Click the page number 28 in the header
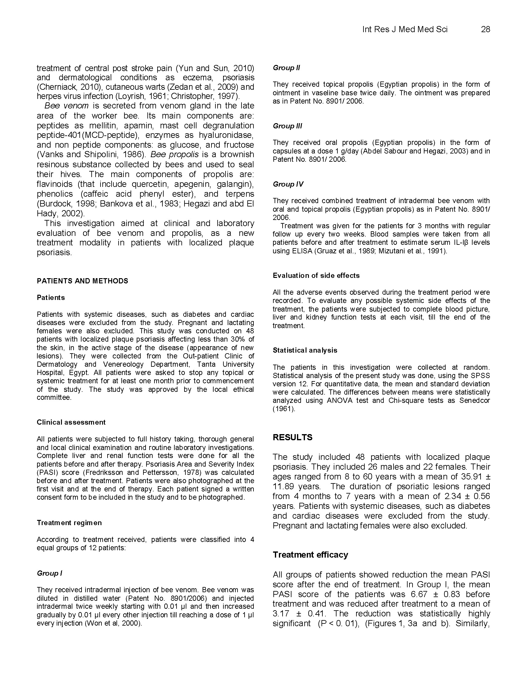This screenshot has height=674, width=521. (485, 29)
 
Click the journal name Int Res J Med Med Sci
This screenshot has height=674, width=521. (405, 29)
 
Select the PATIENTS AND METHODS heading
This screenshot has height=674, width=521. (82, 281)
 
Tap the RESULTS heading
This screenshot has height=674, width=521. (292, 437)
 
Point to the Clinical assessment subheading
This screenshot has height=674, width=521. (71, 422)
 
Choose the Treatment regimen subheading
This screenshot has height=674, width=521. (69, 522)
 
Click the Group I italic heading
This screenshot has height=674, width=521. (49, 573)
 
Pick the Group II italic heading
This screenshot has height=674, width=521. (286, 68)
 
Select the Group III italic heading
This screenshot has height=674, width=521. (287, 126)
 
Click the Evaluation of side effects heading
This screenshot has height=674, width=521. (316, 275)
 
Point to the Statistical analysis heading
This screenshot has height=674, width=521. (305, 350)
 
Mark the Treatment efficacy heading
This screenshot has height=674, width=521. (310, 555)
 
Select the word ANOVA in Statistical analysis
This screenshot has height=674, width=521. (342, 401)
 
